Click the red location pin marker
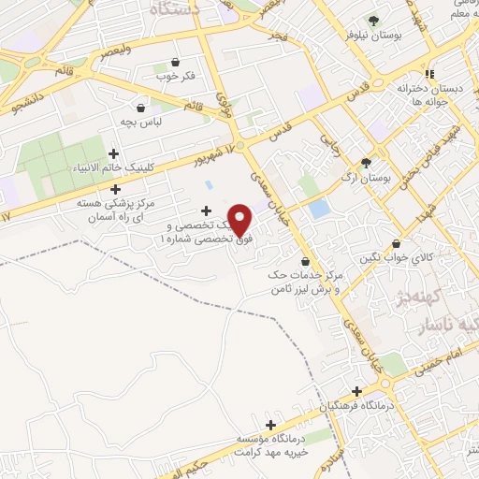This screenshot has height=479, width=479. [240, 219]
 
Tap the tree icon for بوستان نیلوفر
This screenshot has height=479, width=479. [374, 21]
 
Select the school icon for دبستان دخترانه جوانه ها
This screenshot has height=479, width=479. [429, 74]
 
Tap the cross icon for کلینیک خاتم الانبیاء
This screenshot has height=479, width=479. [114, 153]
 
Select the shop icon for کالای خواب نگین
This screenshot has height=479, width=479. [397, 244]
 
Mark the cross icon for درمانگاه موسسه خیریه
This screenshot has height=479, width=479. [270, 424]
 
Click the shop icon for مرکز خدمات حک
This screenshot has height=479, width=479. [306, 261]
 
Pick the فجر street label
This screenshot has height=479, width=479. [276, 36]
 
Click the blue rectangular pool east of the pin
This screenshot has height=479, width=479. [321, 208]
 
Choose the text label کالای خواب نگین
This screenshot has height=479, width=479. [435, 255]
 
